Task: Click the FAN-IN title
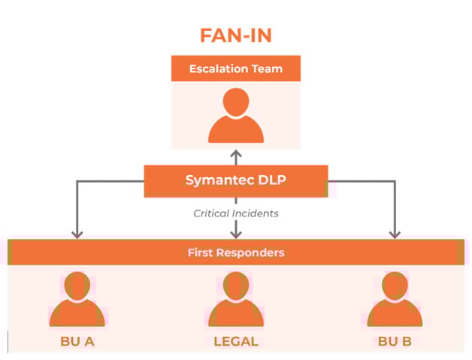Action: [235, 35]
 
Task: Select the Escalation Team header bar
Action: [235, 68]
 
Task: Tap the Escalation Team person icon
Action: [236, 116]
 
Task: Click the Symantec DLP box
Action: [235, 180]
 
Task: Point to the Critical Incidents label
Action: [236, 213]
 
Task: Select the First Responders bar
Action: [236, 253]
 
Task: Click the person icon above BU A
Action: [77, 300]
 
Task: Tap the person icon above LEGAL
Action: [236, 300]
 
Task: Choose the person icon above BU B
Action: [395, 300]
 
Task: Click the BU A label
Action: [77, 341]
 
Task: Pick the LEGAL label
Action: [236, 341]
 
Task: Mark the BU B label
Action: [395, 341]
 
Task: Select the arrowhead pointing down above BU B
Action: [395, 234]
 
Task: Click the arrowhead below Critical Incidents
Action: [236, 234]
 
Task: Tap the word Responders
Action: [252, 253]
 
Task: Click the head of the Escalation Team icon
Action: [236, 102]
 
